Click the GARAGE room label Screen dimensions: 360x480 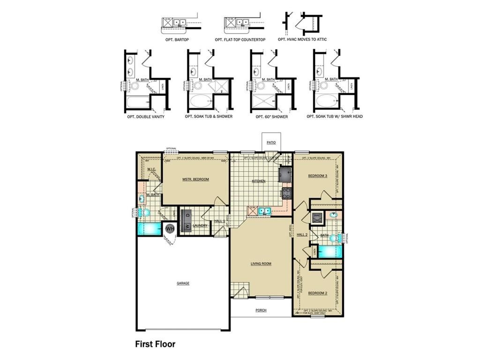183,283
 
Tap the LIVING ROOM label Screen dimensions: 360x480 260,263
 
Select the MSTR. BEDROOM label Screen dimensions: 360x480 195,179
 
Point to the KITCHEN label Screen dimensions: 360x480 259,181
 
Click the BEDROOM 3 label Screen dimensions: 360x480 317,176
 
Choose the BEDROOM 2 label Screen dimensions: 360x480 317,293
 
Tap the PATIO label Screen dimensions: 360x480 271,142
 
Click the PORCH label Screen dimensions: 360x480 261,310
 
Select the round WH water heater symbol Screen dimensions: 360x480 170,229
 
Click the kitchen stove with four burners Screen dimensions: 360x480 287,193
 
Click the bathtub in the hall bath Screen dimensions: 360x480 330,251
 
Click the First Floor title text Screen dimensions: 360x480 155,344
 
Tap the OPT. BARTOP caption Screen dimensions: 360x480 177,40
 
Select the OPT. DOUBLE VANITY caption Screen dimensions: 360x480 145,116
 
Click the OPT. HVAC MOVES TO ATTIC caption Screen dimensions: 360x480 302,40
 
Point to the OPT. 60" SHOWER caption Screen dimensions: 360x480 272,116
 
